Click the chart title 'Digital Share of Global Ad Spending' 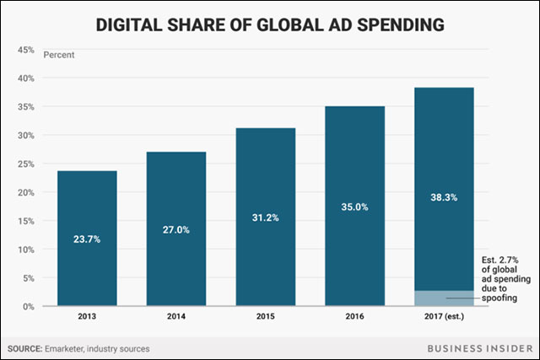270,26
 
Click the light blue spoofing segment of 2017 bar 443,298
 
